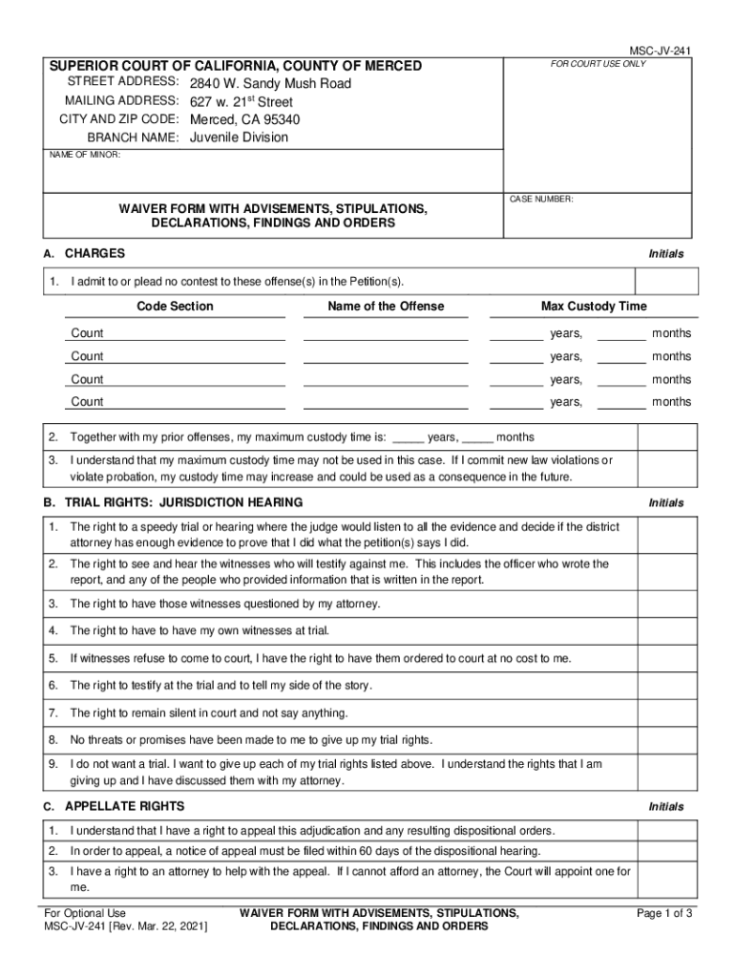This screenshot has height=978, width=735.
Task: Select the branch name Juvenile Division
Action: (239, 138)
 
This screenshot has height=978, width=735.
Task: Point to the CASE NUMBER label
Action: (540, 199)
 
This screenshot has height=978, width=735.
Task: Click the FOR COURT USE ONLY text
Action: (598, 64)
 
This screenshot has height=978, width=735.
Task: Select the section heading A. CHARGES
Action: (84, 254)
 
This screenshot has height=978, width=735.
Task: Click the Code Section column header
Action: (175, 307)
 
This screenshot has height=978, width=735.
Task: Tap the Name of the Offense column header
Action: (386, 307)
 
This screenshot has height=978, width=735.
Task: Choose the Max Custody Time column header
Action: (594, 307)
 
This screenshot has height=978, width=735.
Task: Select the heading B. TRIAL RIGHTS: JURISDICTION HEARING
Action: (172, 502)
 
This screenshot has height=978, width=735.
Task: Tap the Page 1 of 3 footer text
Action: (664, 914)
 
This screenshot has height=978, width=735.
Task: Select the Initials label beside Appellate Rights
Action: (666, 807)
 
